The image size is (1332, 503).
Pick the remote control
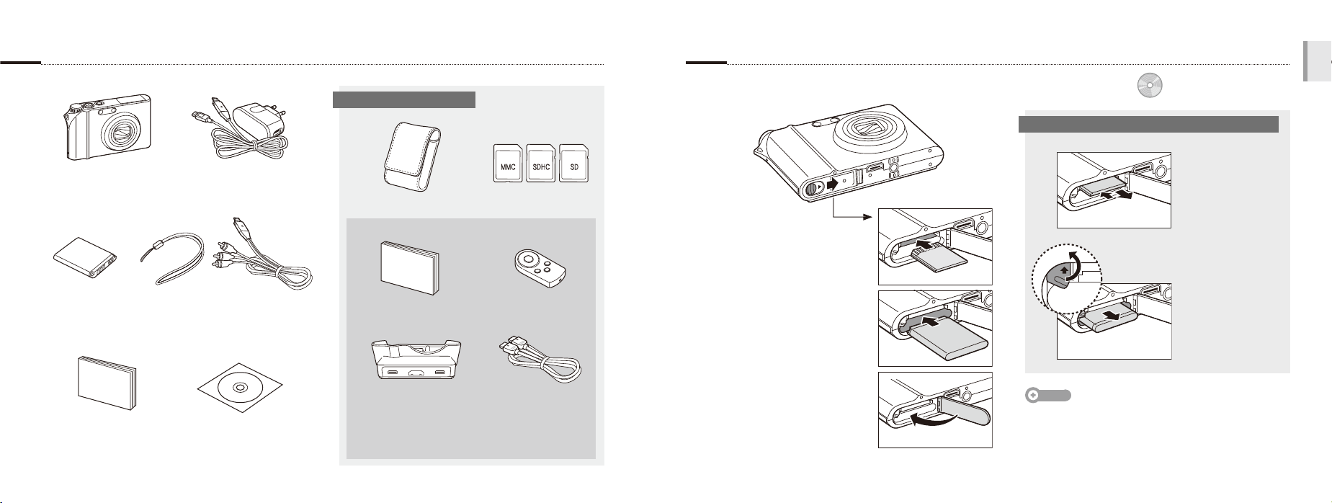pyautogui.click(x=540, y=267)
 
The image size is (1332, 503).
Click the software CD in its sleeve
pyautogui.click(x=241, y=387)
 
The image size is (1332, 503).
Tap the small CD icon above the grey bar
pyautogui.click(x=1150, y=86)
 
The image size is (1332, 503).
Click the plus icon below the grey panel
pyautogui.click(x=1032, y=396)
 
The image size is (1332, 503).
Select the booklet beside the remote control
pyautogui.click(x=409, y=268)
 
